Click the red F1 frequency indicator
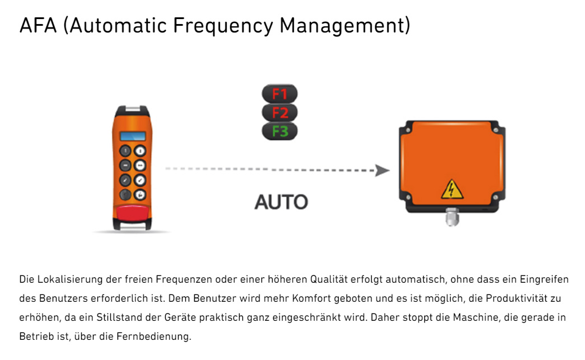click(x=279, y=93)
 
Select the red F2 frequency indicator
click(x=279, y=113)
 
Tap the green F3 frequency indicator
click(x=279, y=132)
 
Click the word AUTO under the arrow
click(x=281, y=202)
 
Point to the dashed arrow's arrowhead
click(x=382, y=170)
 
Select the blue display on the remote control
click(x=133, y=136)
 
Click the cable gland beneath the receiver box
click(x=452, y=217)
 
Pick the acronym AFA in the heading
click(x=38, y=25)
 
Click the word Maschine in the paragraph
click(x=481, y=317)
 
